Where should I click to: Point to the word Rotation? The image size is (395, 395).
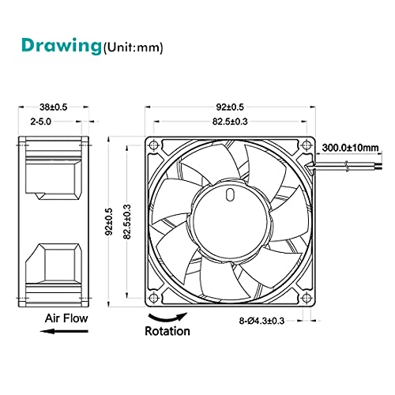click(x=167, y=332)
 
